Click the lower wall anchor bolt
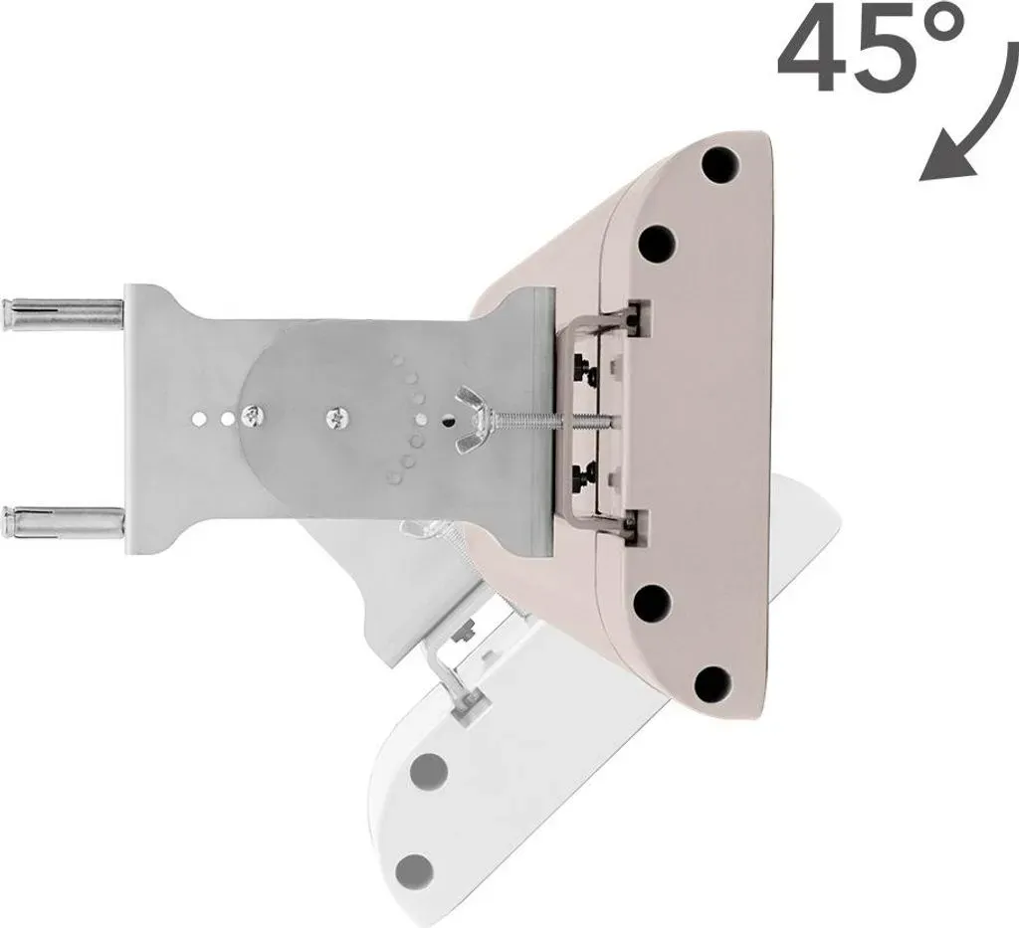[63, 520]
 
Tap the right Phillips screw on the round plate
[337, 417]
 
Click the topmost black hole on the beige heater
[720, 165]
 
